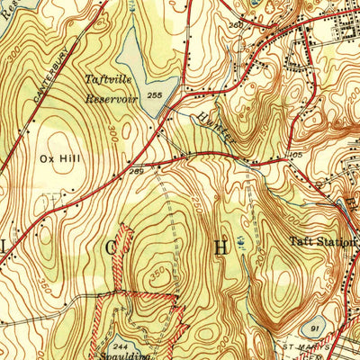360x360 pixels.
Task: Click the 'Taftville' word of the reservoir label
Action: point(109,79)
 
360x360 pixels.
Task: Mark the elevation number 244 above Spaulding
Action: point(121,344)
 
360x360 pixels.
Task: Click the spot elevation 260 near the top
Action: point(236,26)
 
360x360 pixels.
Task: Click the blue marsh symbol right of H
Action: point(241,242)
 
